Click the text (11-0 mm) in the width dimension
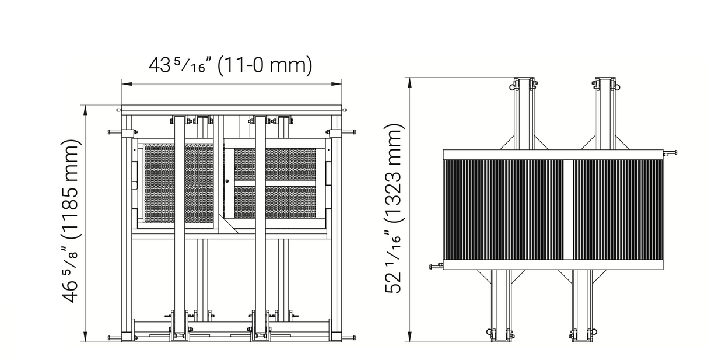pos(265,65)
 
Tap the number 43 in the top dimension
pos(160,65)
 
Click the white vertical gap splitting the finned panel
pos(568,209)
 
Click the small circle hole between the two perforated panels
pos(227,181)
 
